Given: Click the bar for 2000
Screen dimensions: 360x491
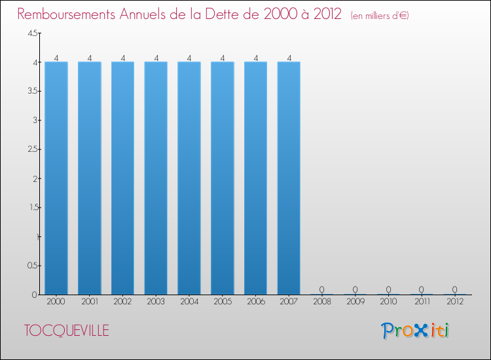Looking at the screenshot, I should pyautogui.click(x=56, y=178).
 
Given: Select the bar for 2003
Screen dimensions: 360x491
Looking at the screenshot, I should pyautogui.click(x=156, y=178).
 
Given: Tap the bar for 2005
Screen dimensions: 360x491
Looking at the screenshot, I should pyautogui.click(x=223, y=178).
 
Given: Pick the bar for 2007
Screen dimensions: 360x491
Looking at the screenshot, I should pyautogui.click(x=289, y=178).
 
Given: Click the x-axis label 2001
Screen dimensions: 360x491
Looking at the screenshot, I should pyautogui.click(x=90, y=302).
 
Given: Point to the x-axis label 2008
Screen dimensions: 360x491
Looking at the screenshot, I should pyautogui.click(x=322, y=302).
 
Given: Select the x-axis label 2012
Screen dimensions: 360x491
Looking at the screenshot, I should pyautogui.click(x=455, y=302).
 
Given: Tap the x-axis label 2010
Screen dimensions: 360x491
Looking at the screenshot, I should pyautogui.click(x=389, y=302).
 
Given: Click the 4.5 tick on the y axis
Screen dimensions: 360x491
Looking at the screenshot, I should pyautogui.click(x=33, y=34).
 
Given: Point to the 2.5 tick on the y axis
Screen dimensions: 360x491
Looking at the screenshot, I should pyautogui.click(x=33, y=150).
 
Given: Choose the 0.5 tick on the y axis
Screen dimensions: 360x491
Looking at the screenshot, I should pyautogui.click(x=33, y=266).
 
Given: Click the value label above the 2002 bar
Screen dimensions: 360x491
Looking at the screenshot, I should pyautogui.click(x=122, y=58).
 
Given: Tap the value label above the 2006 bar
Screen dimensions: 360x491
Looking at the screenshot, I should pyautogui.click(x=255, y=58).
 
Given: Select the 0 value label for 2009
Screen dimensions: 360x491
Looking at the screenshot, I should pyautogui.click(x=355, y=289).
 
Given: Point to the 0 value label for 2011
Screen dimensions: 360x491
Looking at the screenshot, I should pyautogui.click(x=422, y=289).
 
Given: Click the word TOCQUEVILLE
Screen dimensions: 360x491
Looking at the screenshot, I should pyautogui.click(x=67, y=331).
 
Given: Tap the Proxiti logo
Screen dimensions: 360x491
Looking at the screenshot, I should pyautogui.click(x=416, y=331).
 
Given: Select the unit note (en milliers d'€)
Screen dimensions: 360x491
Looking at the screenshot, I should pyautogui.click(x=380, y=16).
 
